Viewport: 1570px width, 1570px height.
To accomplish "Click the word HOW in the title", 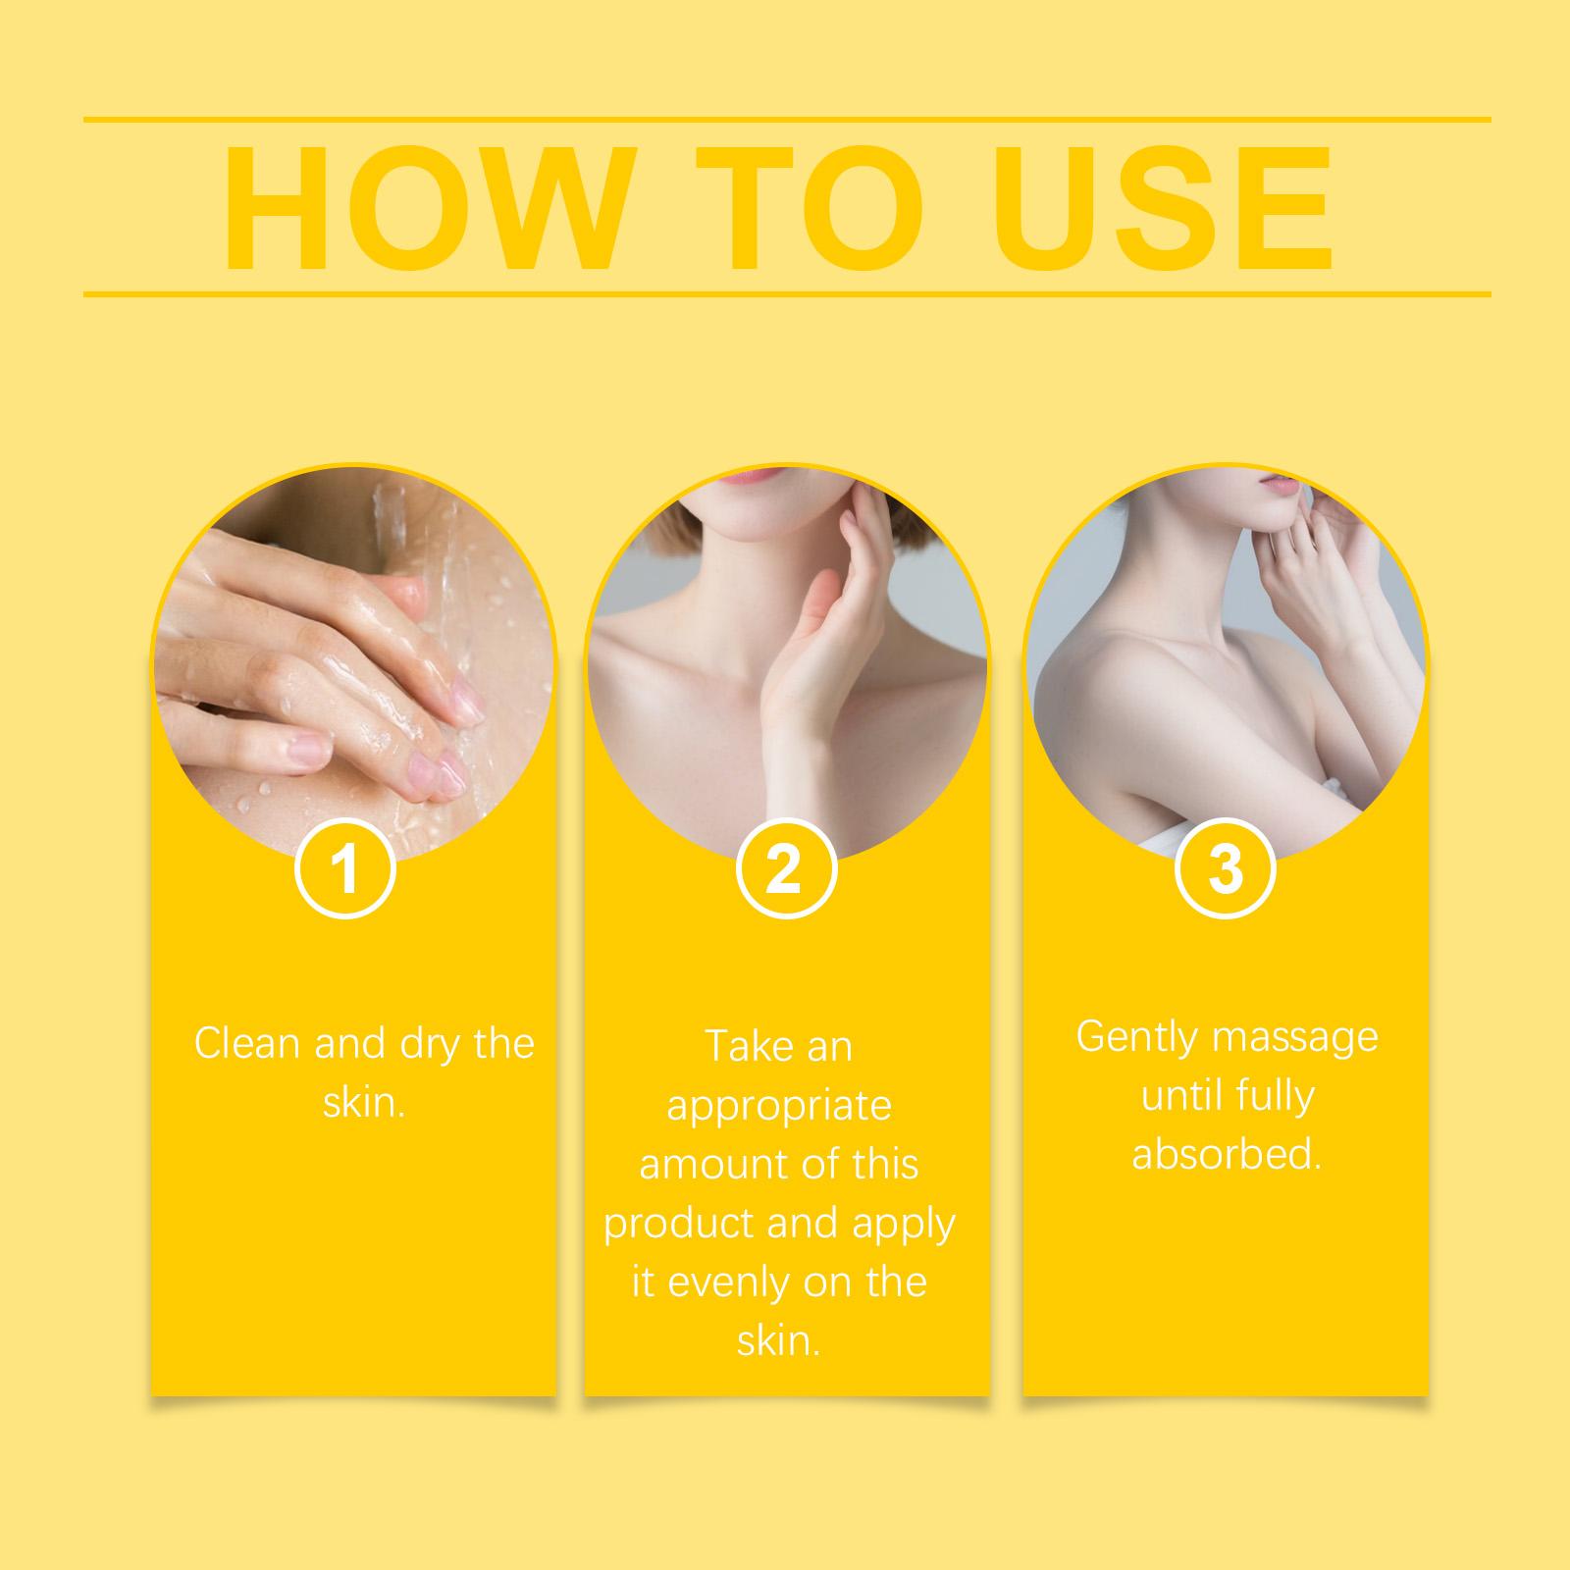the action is click(423, 209).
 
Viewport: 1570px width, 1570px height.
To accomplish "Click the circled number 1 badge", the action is click(344, 869).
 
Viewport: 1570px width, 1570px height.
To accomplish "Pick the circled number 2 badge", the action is click(784, 869).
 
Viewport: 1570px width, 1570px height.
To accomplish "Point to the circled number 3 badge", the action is click(1225, 869).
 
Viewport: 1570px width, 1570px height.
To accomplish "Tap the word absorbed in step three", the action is click(1227, 1154).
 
